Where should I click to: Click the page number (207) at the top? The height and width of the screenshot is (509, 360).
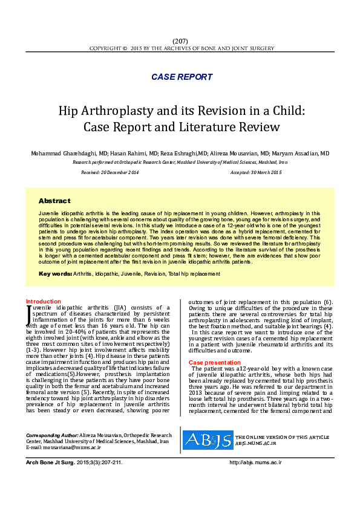180,41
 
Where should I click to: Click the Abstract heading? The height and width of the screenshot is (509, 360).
54,201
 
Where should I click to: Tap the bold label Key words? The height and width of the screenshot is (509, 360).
55,274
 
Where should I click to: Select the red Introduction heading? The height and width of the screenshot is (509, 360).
43,301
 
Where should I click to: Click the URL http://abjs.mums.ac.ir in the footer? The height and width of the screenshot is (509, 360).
256,462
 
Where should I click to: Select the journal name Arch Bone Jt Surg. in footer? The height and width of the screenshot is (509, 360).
50,462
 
